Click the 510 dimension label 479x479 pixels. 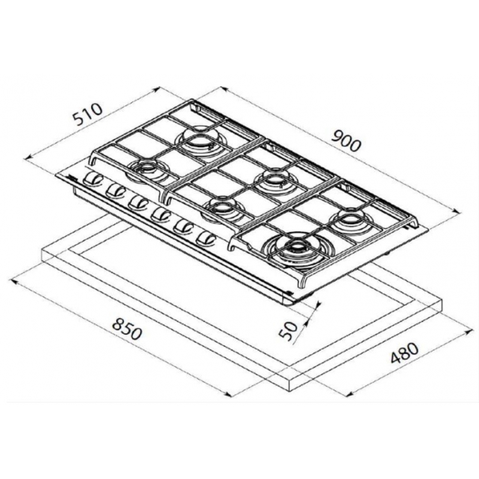87,114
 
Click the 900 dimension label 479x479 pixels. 346,141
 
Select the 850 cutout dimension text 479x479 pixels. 127,329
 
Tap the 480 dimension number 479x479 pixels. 405,353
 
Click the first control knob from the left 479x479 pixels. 93,179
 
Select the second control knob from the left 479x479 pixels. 116,190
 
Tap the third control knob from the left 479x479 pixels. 138,202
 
